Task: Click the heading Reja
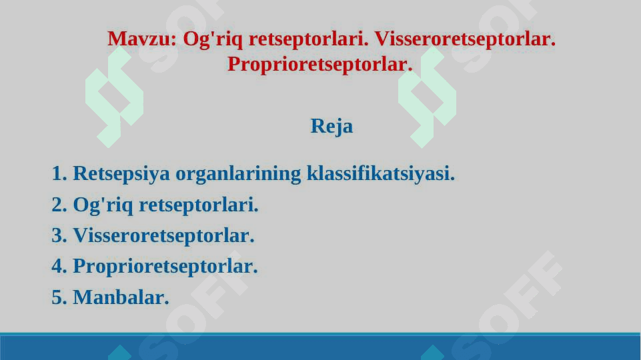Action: (332, 126)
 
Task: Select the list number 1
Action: (59, 173)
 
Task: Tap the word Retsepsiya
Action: (121, 174)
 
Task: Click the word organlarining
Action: (238, 174)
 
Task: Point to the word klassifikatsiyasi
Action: (381, 173)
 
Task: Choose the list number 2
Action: (59, 204)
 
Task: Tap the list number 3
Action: (59, 235)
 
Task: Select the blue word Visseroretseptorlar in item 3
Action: (163, 236)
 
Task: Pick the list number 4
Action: (59, 266)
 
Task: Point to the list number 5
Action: (59, 297)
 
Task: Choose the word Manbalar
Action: (121, 297)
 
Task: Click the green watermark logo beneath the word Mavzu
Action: (115, 98)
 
